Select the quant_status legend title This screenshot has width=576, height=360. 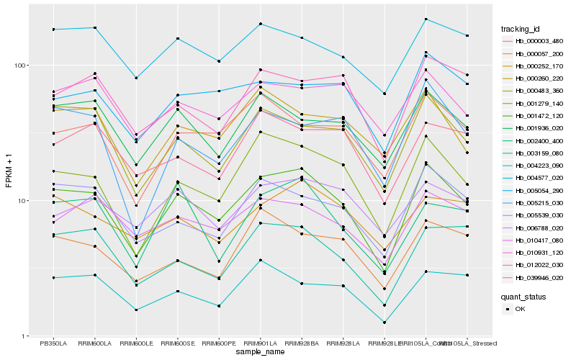click(525, 296)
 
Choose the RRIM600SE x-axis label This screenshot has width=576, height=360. click(177, 343)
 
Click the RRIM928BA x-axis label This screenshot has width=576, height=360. click(302, 343)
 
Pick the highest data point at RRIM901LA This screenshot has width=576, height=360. click(260, 24)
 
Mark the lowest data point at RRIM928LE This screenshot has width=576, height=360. click(384, 323)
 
